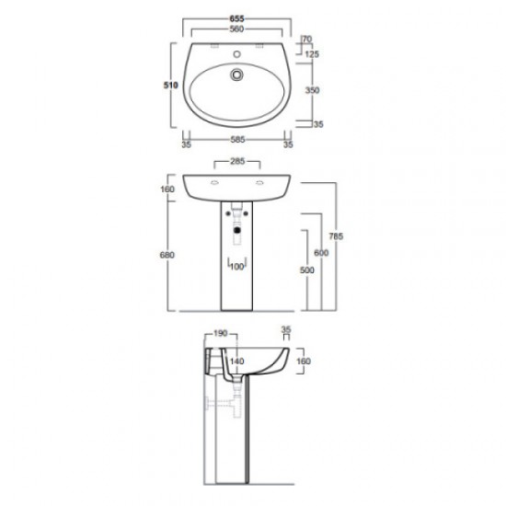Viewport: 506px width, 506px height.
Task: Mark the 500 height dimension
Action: point(294,270)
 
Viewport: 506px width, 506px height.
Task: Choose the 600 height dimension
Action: point(319,253)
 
